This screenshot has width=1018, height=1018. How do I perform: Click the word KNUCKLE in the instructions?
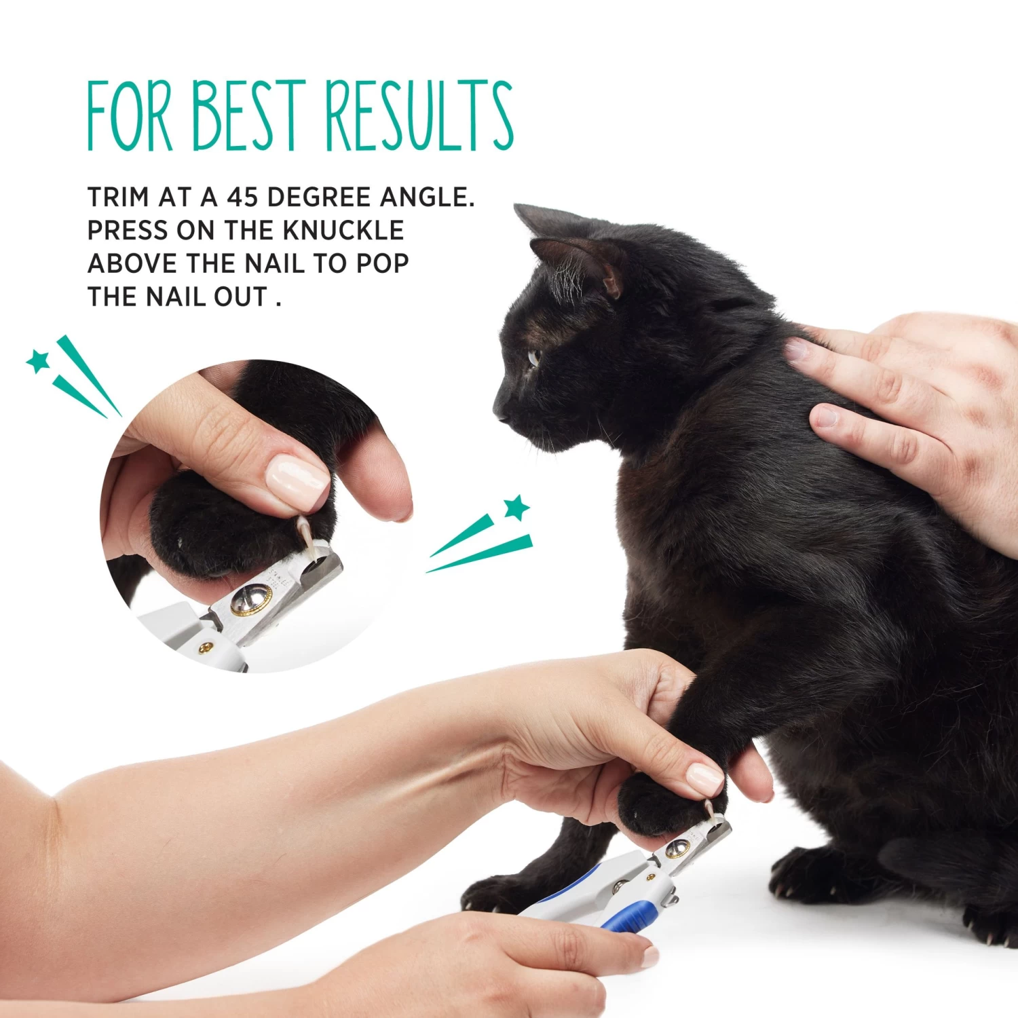(x=343, y=231)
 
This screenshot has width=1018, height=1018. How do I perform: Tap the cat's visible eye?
(x=534, y=357)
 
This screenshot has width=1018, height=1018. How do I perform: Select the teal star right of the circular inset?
(x=516, y=508)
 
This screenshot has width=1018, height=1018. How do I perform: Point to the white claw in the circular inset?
(x=305, y=536)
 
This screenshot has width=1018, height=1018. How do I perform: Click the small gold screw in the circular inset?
(x=204, y=649)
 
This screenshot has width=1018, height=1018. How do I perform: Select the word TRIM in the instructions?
(x=118, y=197)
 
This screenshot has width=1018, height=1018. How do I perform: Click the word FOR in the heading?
(x=130, y=115)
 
